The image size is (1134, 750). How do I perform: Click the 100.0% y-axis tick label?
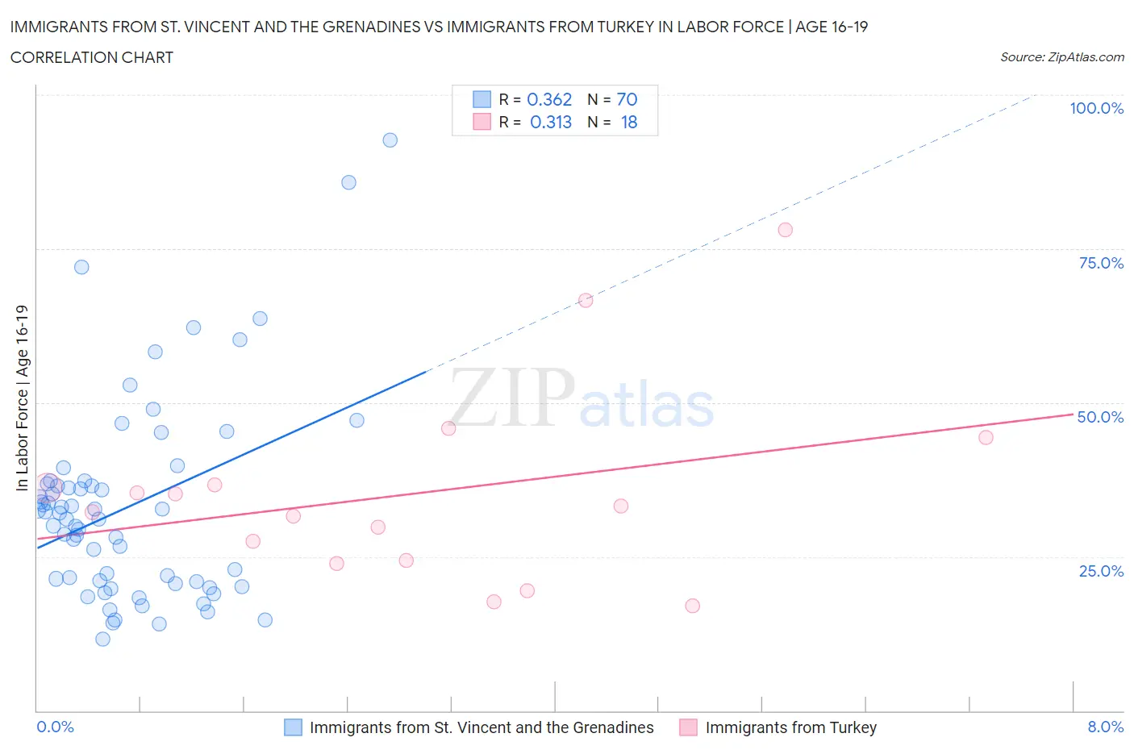point(1096,108)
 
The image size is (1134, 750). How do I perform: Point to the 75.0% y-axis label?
point(1101,263)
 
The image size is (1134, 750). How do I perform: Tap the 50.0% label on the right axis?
point(1100,417)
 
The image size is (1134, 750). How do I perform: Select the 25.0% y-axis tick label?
point(1101,571)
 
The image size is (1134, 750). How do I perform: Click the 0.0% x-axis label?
point(55,727)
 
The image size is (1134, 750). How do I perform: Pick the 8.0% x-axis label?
point(1105,727)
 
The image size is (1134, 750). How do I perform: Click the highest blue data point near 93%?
point(390,140)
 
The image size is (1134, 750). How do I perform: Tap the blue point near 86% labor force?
point(348,182)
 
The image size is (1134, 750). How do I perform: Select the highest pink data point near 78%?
point(785,230)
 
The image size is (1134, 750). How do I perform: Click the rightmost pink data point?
point(986,437)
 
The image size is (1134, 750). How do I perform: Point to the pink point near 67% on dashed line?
point(586,300)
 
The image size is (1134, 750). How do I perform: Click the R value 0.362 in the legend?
point(549,99)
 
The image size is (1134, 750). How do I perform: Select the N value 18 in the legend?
point(629,122)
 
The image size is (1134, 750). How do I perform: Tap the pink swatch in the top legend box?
point(482,122)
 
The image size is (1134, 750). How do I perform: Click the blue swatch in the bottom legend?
point(293,727)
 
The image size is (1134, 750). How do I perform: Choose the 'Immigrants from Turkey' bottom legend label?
point(790,727)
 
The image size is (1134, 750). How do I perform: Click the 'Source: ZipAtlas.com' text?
point(1061,56)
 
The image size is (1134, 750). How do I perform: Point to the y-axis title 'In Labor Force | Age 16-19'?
point(22,398)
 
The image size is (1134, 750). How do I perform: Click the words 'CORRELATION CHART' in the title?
point(92,57)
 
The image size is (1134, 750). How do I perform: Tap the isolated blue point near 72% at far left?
point(81,267)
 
